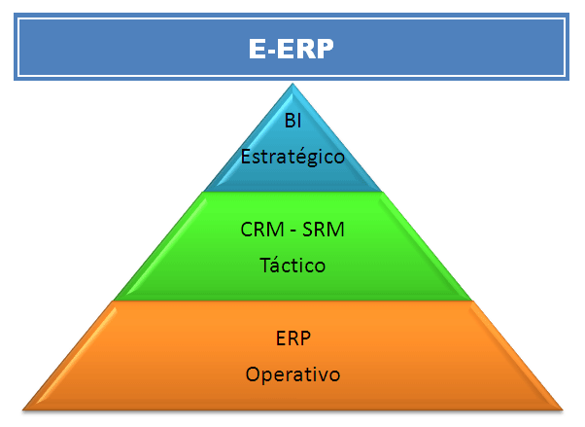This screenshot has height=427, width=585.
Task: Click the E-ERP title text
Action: pyautogui.click(x=291, y=49)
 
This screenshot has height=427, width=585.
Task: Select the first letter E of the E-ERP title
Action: pyautogui.click(x=258, y=49)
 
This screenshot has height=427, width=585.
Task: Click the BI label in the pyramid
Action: pyautogui.click(x=292, y=121)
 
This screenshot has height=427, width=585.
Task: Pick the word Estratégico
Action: pyautogui.click(x=292, y=157)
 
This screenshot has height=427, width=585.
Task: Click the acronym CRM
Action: pyautogui.click(x=262, y=230)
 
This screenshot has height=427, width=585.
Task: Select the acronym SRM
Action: pyautogui.click(x=324, y=230)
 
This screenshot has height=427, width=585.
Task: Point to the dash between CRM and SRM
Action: pyautogui.click(x=292, y=231)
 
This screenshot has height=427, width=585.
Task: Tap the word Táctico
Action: pyautogui.click(x=292, y=265)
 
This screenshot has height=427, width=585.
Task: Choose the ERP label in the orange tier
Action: pyautogui.click(x=292, y=338)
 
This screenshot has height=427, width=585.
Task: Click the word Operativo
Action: pyautogui.click(x=292, y=374)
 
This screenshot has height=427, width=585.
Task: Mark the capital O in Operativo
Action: pyautogui.click(x=253, y=374)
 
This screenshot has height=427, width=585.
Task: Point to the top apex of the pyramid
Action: pyautogui.click(x=292, y=84)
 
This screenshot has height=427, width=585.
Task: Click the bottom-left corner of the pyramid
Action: pyautogui.click(x=22, y=410)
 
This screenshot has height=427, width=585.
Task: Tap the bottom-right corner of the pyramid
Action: pyautogui.click(x=563, y=410)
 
